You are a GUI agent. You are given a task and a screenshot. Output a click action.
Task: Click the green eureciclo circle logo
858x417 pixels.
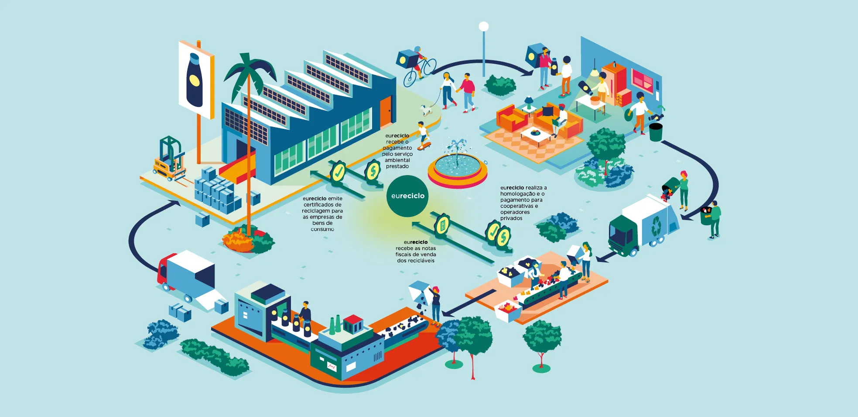[x=407, y=196]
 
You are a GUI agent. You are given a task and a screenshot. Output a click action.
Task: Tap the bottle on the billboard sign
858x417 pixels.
[x=194, y=80]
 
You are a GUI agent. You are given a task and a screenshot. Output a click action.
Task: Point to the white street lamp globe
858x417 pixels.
[x=483, y=27]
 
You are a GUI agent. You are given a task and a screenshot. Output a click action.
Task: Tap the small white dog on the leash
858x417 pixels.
[x=426, y=110]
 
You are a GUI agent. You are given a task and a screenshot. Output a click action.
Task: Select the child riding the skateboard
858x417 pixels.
[x=423, y=136]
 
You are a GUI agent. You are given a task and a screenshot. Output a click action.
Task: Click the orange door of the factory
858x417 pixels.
[x=386, y=111]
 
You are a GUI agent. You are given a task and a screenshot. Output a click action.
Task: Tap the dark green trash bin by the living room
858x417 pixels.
[x=655, y=132]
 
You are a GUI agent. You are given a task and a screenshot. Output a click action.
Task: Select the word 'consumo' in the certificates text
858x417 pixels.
[x=322, y=229]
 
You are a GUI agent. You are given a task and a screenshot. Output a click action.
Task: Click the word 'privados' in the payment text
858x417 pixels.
[x=511, y=218]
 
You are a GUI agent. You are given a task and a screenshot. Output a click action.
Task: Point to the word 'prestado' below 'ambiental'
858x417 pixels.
[x=397, y=166]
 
